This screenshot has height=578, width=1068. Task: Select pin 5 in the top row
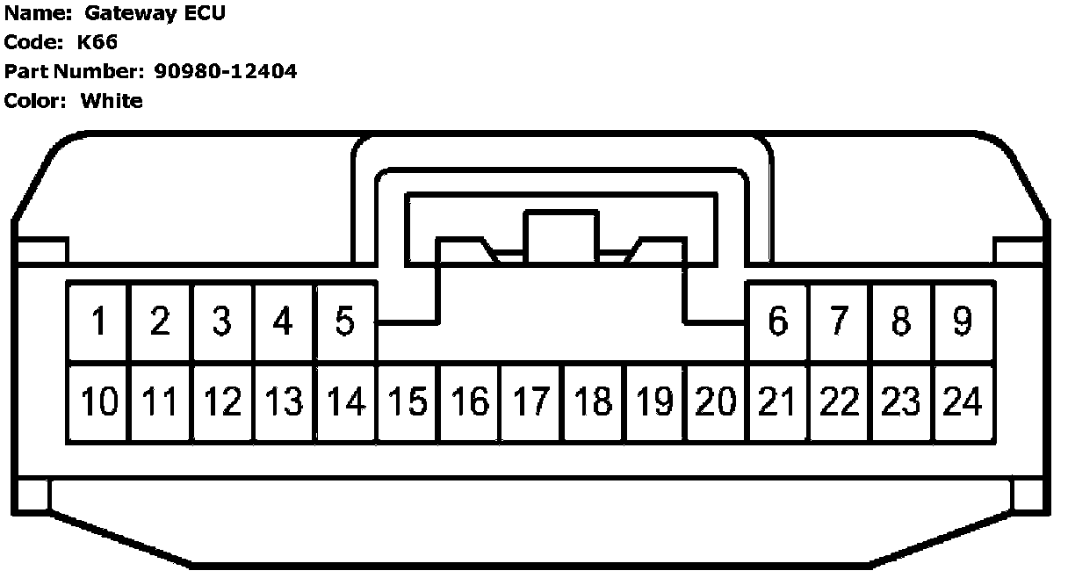pos(345,322)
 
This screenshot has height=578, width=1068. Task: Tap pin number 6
pos(777,322)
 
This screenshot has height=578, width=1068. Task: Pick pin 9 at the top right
pos(963,322)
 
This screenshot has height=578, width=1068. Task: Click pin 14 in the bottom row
pos(345,402)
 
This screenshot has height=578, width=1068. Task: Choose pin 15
pos(408,402)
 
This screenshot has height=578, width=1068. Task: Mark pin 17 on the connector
pos(530,402)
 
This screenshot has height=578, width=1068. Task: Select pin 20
pos(716,402)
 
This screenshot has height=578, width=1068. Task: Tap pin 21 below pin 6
pos(777,402)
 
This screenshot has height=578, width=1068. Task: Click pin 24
pos(963,402)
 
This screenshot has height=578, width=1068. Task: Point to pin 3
pos(222,322)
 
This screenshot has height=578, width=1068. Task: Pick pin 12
pos(222,402)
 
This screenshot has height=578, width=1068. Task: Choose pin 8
pos(901,322)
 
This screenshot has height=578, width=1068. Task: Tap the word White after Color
pos(112,100)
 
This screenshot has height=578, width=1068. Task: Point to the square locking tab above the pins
pos(560,235)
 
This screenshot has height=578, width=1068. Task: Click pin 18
pos(593,402)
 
